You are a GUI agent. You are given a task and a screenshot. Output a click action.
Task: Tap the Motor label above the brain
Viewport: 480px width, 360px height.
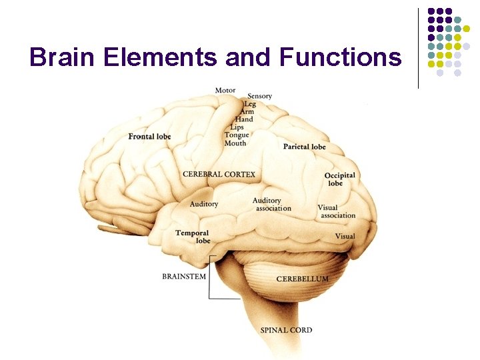225,91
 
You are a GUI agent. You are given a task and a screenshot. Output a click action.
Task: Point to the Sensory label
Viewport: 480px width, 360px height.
259,96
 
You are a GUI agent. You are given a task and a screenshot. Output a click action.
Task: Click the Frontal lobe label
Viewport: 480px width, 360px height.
149,137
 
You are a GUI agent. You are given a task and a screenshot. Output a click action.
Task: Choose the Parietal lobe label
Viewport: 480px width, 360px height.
304,147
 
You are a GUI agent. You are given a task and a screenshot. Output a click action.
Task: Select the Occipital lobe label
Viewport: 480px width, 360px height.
339,179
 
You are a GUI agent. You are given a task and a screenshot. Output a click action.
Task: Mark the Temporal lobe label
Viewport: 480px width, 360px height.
193,237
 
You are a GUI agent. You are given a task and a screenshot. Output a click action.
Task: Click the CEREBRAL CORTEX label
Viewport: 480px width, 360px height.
219,175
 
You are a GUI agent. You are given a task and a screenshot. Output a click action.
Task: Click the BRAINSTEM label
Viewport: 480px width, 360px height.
184,276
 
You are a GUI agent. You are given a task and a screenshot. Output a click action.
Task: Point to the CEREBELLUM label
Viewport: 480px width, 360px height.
302,279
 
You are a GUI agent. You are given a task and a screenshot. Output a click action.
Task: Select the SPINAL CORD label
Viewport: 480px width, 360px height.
286,330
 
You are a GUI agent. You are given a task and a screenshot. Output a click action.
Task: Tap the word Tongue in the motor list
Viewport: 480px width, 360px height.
237,135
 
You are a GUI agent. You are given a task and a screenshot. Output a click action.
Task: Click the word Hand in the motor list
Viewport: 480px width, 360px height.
244,120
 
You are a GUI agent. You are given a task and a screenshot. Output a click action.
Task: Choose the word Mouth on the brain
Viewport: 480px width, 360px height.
235,143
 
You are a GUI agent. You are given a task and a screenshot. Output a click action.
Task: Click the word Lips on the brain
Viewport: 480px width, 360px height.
237,127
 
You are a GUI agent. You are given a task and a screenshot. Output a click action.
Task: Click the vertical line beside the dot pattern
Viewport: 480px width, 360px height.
418,48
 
